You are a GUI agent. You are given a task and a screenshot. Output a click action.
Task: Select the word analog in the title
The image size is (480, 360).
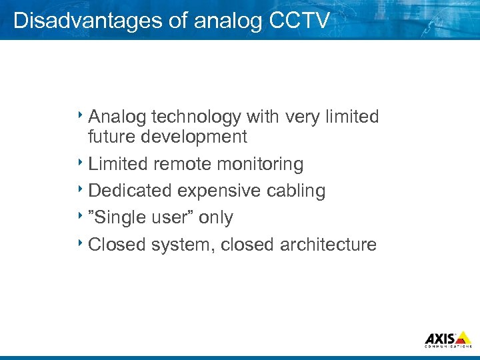tap(229, 20)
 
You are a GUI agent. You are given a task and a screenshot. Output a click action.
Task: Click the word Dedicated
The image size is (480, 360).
tap(130, 191)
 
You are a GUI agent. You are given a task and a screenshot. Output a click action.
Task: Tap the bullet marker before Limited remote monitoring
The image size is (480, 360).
tap(81, 161)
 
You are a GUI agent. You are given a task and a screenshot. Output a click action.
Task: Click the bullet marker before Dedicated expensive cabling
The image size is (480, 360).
tap(81, 188)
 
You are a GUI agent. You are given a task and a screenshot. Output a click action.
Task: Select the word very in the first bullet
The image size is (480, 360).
tap(303, 117)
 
